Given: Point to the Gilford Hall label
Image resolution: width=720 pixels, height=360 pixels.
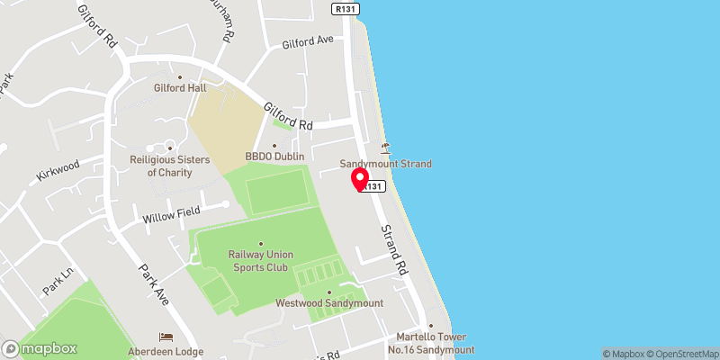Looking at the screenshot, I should pos(180,87).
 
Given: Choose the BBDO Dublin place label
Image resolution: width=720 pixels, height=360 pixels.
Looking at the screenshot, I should pos(274,157).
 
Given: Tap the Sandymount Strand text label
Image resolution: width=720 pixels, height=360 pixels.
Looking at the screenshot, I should pos(385,164).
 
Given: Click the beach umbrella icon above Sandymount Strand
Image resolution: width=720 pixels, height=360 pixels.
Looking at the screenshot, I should pos(385,148).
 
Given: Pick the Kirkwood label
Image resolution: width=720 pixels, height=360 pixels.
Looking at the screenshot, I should pos(58,166).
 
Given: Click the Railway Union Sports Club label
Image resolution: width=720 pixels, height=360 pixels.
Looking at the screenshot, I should pos(261,261).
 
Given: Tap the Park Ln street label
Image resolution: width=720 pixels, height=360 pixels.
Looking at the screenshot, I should pos(56,283).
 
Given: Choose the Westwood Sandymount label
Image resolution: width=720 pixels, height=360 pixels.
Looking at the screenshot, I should pos(329,302).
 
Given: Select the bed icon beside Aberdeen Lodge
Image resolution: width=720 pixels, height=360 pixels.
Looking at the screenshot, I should pos(165,337).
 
